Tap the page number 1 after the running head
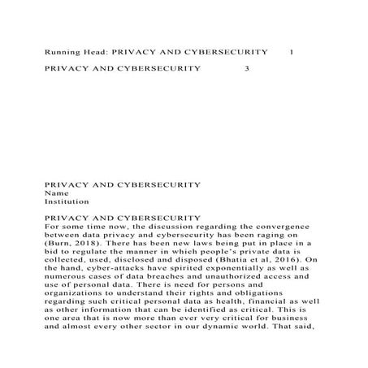click(291, 52)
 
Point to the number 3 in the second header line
click(247, 68)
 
